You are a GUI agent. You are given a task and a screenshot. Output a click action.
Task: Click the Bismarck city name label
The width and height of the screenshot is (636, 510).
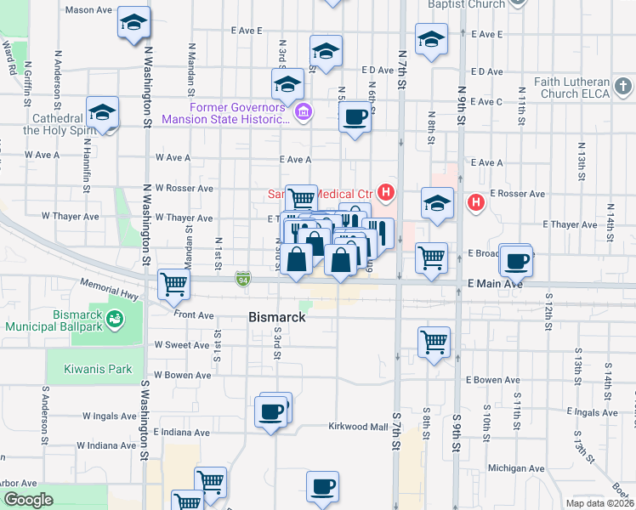click(x=277, y=317)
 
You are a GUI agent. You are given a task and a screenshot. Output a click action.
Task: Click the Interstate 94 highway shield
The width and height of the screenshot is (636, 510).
click(x=243, y=277)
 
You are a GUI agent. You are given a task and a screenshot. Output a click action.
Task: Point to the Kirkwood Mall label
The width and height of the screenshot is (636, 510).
click(x=358, y=426)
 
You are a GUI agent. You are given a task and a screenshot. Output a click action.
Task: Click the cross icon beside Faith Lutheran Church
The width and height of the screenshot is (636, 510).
click(x=623, y=87)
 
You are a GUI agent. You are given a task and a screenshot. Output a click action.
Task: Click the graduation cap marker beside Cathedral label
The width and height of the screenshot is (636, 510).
click(x=102, y=112)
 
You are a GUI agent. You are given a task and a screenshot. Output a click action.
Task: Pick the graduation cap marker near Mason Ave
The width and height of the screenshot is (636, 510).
click(x=133, y=23)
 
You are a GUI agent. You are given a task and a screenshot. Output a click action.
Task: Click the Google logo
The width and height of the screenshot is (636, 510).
click(x=28, y=500)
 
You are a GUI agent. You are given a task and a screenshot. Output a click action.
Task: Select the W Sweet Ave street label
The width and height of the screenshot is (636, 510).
click(x=181, y=345)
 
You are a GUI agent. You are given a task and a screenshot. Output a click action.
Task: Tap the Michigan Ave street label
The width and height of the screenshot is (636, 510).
click(x=516, y=468)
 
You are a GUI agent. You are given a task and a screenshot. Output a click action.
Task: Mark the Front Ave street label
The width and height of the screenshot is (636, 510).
click(x=194, y=314)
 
